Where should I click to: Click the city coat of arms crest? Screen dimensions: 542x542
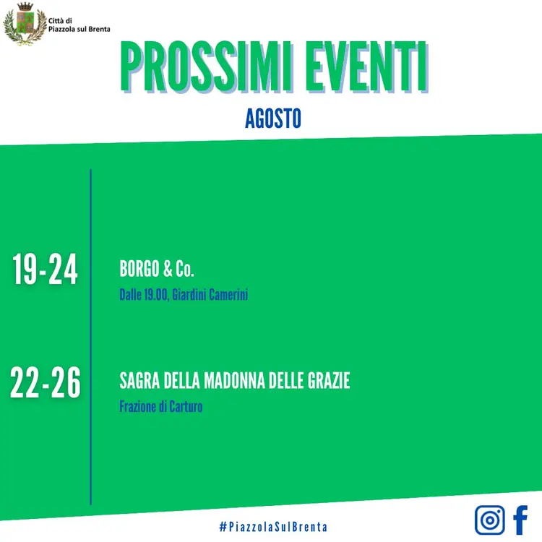coord(25,24)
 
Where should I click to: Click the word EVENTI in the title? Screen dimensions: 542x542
coord(366,67)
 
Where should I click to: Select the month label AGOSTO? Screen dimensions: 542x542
coord(273,119)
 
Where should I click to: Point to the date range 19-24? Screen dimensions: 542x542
coord(45,270)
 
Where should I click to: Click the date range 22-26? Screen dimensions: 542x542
coord(46,382)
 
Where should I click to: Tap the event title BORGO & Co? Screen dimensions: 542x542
coord(157,269)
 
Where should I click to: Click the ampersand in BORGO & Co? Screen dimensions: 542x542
coord(168,269)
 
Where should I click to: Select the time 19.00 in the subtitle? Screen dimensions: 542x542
coord(155,295)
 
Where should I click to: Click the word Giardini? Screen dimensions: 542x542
coord(189,295)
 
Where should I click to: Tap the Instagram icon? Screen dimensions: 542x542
coord(489,520)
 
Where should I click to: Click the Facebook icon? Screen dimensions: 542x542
coord(520,520)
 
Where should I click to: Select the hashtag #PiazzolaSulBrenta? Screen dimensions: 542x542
coord(273,527)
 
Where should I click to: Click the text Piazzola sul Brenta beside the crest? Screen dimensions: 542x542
coord(79,30)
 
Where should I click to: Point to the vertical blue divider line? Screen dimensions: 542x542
coord(90,337)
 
